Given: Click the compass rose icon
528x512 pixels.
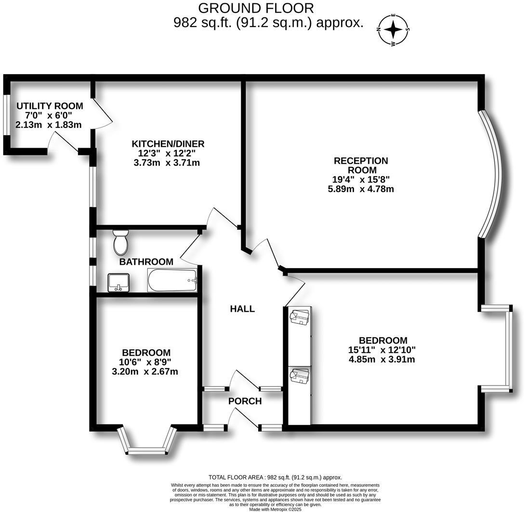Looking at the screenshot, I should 394,30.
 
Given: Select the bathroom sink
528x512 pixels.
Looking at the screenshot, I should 118,282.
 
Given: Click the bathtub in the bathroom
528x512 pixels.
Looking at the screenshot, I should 172,281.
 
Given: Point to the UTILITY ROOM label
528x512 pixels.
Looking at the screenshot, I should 50,106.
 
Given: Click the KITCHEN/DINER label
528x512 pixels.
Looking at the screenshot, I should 168,144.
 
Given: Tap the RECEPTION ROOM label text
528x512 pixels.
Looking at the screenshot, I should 361,165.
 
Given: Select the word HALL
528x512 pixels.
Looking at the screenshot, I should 242,309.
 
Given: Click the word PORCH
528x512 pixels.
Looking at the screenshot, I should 245,401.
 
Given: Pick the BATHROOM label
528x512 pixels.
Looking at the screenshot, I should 146,262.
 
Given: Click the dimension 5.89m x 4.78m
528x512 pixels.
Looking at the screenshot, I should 361,189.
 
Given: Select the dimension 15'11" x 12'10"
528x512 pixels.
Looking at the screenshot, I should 382,350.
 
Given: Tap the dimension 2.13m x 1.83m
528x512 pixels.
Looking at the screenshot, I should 49,125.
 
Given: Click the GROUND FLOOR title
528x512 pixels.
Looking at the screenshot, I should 256,8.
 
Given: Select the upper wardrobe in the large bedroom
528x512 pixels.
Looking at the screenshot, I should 299,332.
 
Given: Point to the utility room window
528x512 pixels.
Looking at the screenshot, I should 6,114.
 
